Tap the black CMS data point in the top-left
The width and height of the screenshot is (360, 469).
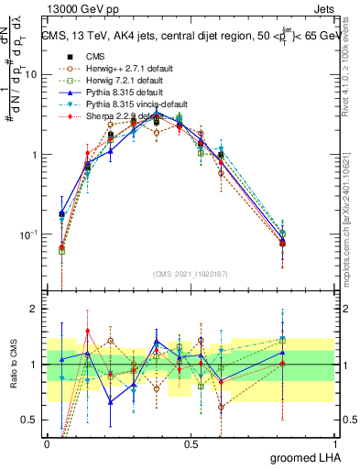coord(61,214)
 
